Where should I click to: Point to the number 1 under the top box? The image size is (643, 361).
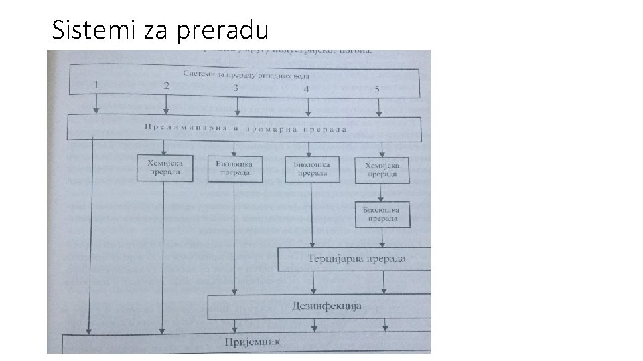tap(96, 85)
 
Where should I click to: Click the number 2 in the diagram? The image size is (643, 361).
tap(165, 86)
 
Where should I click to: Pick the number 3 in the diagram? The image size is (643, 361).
tap(236, 88)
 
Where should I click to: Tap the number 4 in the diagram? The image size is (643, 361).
tap(307, 89)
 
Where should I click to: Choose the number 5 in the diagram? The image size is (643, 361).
tap(377, 90)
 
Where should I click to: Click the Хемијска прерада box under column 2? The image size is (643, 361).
tap(164, 168)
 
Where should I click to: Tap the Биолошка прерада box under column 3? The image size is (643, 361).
tap(234, 168)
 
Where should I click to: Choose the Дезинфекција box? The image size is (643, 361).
tap(327, 306)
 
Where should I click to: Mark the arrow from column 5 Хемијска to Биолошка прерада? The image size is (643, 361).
tap(381, 193)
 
